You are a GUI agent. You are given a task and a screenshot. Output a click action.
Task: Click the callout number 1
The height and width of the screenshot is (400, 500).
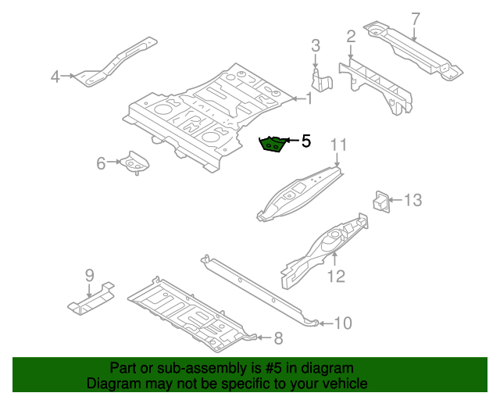309,98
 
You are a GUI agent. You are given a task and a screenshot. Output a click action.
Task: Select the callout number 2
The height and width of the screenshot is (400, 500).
351,36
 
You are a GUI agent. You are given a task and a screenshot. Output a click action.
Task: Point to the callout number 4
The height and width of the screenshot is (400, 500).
55,76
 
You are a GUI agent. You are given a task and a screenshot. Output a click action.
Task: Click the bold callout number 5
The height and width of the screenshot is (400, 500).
306,141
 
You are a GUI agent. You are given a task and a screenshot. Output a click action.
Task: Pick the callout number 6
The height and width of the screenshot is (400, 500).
101,163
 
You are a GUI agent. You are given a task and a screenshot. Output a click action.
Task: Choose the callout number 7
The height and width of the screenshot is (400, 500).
415,19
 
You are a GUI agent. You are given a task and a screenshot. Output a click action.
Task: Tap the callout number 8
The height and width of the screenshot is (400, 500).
278,338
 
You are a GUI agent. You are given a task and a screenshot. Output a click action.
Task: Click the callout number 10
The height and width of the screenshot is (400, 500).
344,322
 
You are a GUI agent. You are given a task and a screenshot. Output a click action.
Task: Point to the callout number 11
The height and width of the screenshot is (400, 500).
337,145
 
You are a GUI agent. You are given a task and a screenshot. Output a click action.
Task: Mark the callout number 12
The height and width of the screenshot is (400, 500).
335,275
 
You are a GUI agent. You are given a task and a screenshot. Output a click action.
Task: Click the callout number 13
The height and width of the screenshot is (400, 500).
412,201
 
